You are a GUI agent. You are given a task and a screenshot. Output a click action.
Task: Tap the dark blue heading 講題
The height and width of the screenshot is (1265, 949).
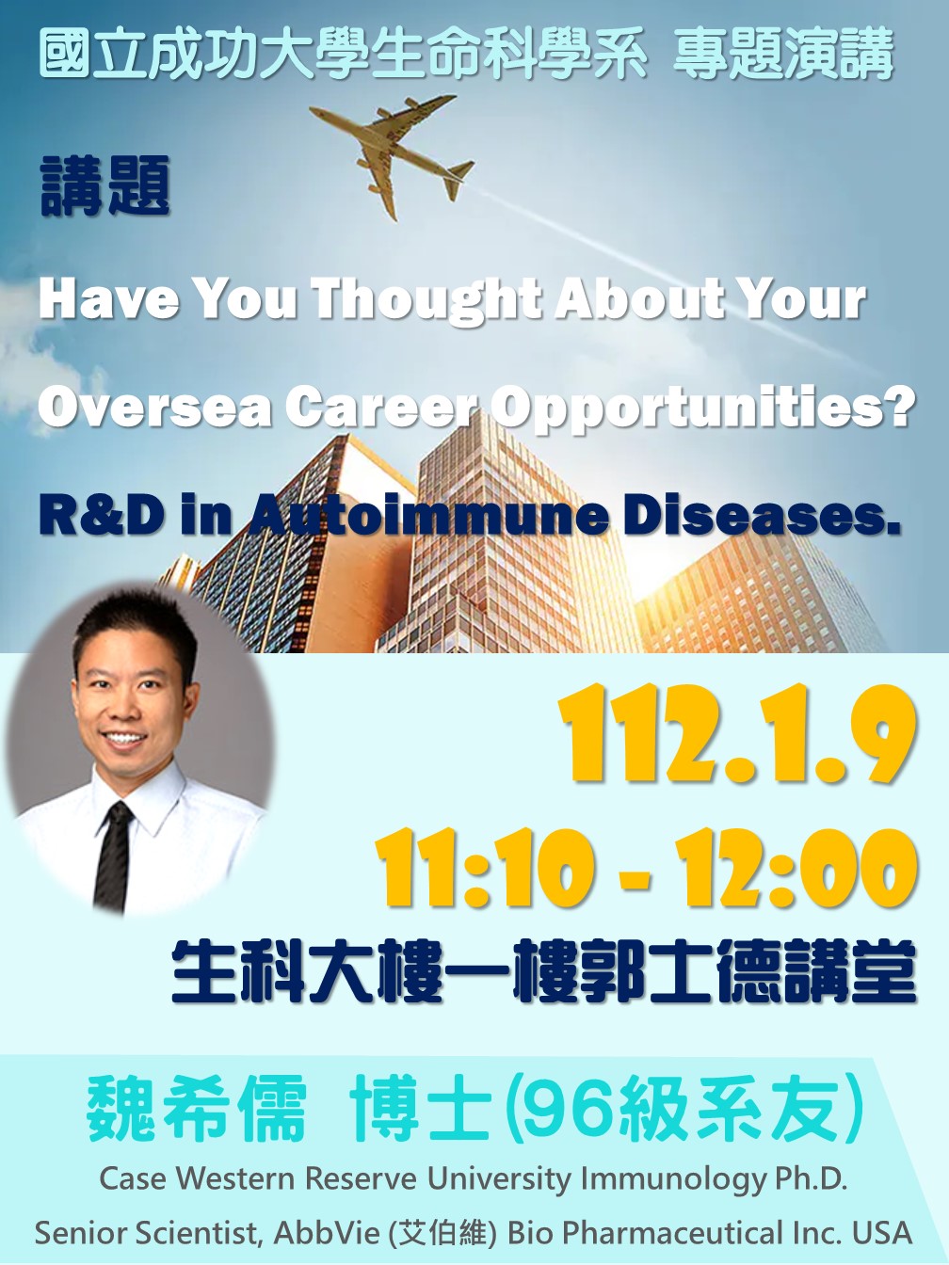tap(105, 186)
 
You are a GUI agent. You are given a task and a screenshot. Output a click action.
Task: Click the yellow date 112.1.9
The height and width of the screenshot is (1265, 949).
tap(738, 733)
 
